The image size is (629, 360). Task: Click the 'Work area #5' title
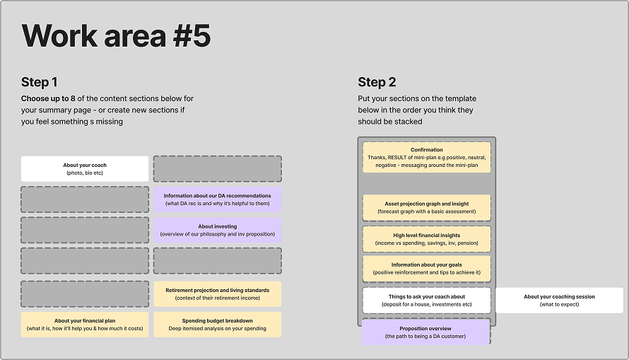(116, 36)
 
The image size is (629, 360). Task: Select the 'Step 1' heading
(40, 82)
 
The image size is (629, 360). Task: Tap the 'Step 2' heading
(377, 82)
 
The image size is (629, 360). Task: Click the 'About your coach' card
(85, 168)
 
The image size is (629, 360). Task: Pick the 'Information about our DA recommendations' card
(217, 199)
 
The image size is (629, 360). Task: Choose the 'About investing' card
(217, 231)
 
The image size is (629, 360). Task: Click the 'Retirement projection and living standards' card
(217, 294)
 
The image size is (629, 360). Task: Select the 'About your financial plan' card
(85, 325)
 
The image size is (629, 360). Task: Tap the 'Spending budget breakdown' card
(217, 325)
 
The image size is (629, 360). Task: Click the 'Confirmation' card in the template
(426, 157)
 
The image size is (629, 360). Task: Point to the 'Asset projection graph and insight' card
(426, 207)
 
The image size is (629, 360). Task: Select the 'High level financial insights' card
(426, 239)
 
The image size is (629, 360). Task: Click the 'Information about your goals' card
(426, 269)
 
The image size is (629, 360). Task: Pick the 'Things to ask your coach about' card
(426, 300)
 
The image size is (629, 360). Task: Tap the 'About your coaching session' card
(559, 300)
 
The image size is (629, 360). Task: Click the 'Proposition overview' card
(425, 332)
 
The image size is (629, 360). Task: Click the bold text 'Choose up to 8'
(48, 98)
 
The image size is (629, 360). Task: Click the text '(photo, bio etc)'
(85, 173)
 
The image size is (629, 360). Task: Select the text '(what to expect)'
(559, 304)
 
